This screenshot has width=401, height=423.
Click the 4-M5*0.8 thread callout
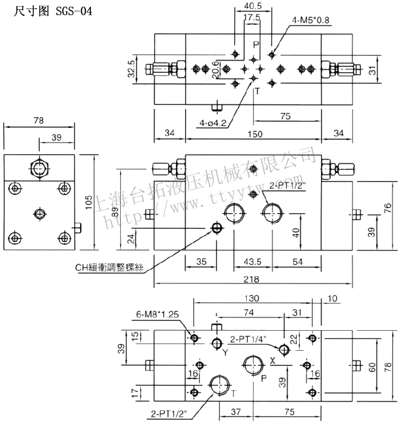click(x=311, y=21)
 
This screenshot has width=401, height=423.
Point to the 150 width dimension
click(x=253, y=134)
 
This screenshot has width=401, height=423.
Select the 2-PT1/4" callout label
click(x=251, y=340)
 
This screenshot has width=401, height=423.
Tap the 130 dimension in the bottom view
click(x=252, y=298)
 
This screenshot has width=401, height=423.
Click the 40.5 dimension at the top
click(x=253, y=6)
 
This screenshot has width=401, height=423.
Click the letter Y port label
click(x=224, y=352)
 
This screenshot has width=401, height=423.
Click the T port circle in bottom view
click(x=219, y=385)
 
